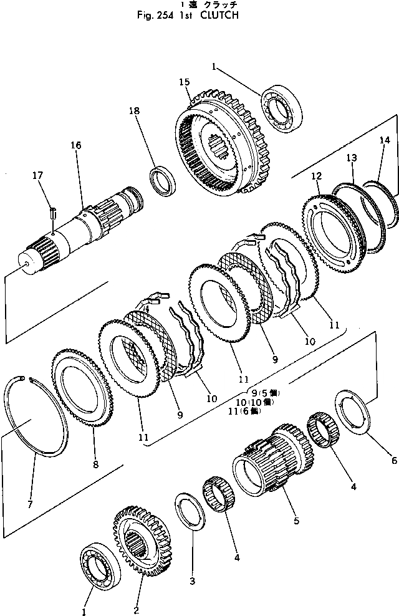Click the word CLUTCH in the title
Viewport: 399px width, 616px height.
218,16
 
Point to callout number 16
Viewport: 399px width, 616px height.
75,145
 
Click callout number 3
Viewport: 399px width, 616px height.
192,581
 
